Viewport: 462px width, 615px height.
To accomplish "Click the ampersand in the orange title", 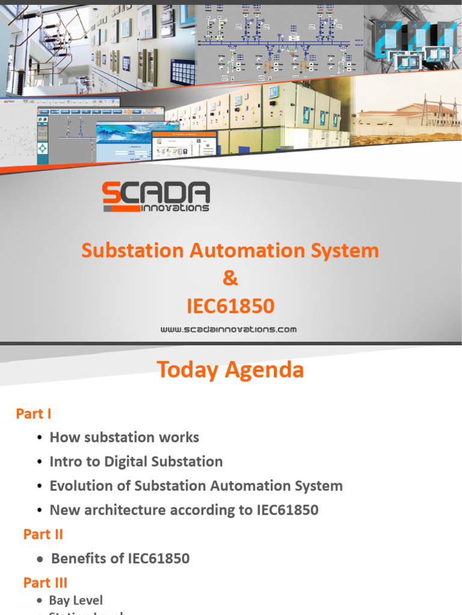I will (230, 278).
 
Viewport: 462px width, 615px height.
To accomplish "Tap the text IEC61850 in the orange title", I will (230, 306).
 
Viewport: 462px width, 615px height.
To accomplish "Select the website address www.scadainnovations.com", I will (229, 329).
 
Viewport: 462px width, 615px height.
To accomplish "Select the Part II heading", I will (43, 534).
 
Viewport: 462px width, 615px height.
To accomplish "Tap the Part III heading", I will (45, 583).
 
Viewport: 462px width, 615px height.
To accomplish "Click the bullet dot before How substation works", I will (40, 438).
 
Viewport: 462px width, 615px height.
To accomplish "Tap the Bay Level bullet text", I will (76, 600).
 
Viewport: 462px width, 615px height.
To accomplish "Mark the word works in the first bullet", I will (180, 437).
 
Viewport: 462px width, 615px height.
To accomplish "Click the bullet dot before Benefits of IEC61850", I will (40, 559).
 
